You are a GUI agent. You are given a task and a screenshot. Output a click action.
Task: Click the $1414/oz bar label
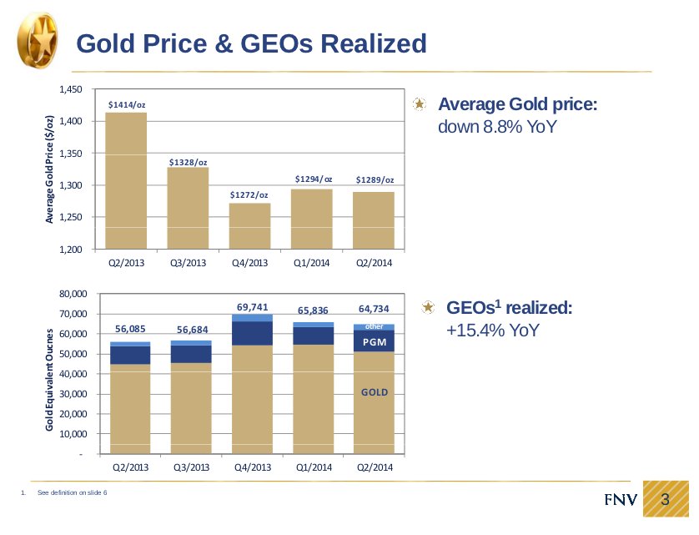coord(127,104)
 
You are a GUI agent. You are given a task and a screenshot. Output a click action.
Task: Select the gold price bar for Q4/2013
coord(249,225)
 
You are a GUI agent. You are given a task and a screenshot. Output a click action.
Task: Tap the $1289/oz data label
coord(375,179)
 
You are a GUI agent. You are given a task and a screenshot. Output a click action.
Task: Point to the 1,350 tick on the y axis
coord(70,154)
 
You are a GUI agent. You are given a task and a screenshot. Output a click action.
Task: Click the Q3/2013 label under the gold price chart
coord(188,262)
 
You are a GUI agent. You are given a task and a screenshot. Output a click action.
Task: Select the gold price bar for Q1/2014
coord(313,219)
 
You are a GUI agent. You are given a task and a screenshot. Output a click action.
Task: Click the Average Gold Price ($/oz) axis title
coord(49,169)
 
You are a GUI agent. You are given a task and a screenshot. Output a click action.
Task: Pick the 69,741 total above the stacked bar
coord(252,307)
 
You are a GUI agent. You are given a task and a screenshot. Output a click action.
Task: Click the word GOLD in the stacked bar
coord(375,391)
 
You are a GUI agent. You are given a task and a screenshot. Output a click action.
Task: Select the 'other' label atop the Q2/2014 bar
coord(375,326)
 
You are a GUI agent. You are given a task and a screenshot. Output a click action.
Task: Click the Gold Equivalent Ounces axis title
coord(49,380)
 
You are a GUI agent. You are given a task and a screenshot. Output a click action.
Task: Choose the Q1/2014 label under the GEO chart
coord(314,467)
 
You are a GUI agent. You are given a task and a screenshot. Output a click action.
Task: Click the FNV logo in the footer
coord(621,500)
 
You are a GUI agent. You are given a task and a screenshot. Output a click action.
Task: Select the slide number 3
coord(666,499)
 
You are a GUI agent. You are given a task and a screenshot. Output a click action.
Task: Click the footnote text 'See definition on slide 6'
coord(73,493)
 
